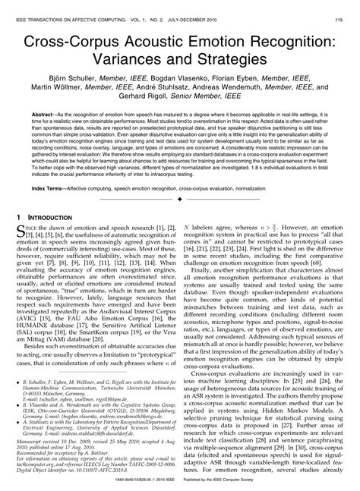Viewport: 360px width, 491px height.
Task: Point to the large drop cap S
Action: pos(24,239)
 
